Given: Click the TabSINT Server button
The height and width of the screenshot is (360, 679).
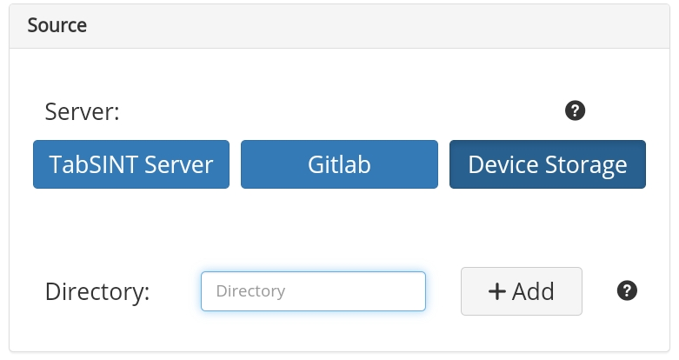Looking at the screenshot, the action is [x=131, y=164].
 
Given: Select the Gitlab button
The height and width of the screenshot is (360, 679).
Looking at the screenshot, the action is [x=339, y=164].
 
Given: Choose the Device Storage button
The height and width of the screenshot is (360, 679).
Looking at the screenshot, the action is [x=548, y=164].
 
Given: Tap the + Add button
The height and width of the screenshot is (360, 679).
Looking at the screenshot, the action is [x=522, y=291].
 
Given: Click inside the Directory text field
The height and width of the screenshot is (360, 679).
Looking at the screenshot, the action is [x=313, y=291].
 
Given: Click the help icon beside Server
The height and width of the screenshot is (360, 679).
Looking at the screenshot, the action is [x=575, y=110].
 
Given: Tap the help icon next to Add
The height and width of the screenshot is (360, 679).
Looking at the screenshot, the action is [x=627, y=290].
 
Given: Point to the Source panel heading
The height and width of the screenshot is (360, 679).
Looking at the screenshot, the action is [x=57, y=25].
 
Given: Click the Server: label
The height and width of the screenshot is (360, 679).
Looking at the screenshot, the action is [x=82, y=112].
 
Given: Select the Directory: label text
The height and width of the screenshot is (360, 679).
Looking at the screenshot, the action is [x=97, y=291].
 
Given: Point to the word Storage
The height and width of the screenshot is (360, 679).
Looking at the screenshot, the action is [x=586, y=166].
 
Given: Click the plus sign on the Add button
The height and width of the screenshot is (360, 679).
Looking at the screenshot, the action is [x=497, y=291].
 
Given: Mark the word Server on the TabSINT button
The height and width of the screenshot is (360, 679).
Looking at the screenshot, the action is [x=178, y=164].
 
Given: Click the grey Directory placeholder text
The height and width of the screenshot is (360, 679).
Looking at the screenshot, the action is [x=250, y=291].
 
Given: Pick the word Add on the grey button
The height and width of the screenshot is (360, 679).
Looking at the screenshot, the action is [x=533, y=291].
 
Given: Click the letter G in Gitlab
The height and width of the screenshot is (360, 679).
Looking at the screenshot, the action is [x=316, y=164].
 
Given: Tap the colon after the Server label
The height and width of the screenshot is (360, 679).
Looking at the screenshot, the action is [x=116, y=115].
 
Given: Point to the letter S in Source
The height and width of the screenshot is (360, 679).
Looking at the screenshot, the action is [x=32, y=25].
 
